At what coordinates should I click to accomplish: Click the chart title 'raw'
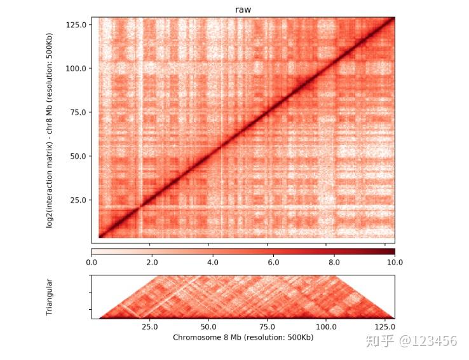coord(243,9)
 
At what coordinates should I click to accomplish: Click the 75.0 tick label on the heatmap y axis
coord(79,112)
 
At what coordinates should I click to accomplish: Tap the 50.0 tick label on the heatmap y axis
coord(79,156)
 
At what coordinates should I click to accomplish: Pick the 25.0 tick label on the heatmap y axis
coord(79,200)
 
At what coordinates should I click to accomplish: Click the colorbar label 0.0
coord(92,261)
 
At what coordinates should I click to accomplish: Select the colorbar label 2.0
coord(152,261)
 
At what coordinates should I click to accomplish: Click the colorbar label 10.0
coord(394,261)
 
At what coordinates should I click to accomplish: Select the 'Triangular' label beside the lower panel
coord(51,297)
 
